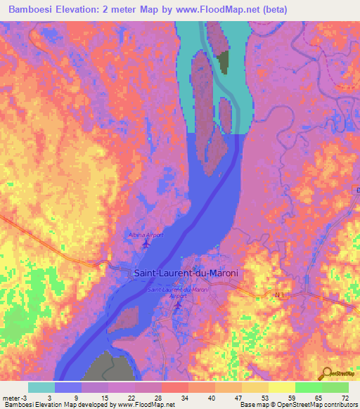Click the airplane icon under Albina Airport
point(146,244)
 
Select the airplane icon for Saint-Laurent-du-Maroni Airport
point(178,304)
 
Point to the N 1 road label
point(281,294)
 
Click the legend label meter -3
point(15,397)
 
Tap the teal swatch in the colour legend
point(41,387)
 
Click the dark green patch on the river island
point(224,62)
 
